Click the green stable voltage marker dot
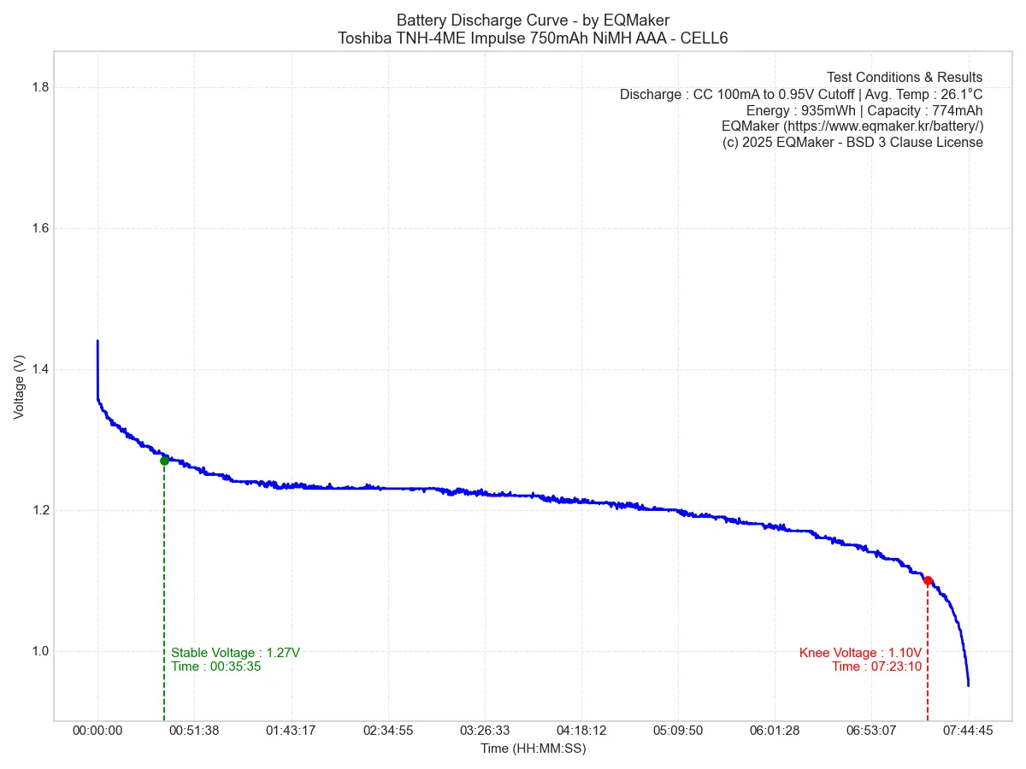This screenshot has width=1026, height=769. tap(164, 461)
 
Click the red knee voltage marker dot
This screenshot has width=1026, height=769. tap(928, 581)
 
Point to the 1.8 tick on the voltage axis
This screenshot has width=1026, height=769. tap(38, 87)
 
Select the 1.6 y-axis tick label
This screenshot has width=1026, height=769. tap(38, 228)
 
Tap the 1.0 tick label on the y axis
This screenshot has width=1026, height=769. tap(38, 651)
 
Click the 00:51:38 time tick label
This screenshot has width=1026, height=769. tap(194, 731)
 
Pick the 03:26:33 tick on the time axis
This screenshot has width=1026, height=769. tap(484, 731)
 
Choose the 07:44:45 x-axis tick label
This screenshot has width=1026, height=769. tap(968, 731)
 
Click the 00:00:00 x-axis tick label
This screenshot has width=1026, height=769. tap(97, 731)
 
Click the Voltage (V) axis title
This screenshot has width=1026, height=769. tap(19, 387)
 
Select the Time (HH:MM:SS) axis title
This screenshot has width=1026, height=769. tap(533, 748)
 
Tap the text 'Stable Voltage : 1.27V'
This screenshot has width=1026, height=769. tap(235, 653)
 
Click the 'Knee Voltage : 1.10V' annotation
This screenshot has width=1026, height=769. tap(860, 653)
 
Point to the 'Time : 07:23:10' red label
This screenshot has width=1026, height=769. tap(876, 666)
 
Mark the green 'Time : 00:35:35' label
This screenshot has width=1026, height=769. tap(215, 666)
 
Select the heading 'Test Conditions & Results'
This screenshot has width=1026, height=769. tap(904, 77)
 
